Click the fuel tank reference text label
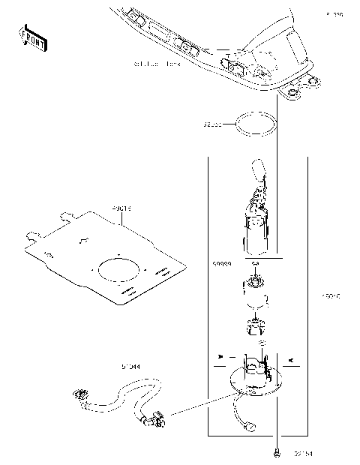pos(157,64)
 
